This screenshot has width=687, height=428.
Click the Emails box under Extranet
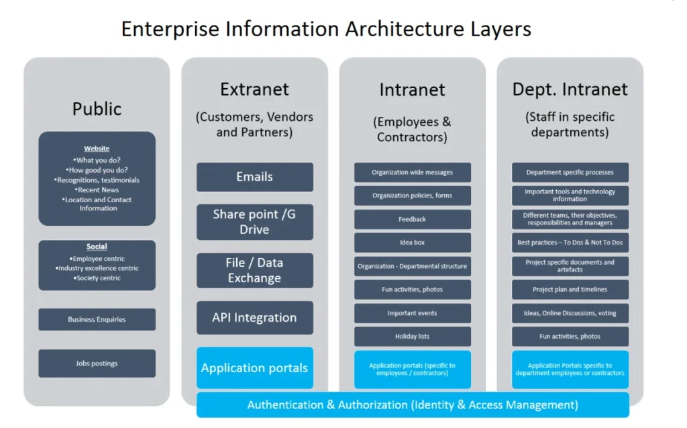pyautogui.click(x=254, y=177)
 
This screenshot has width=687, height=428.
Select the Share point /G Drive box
pyautogui.click(x=254, y=222)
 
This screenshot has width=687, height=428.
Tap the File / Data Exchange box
pyautogui.click(x=254, y=270)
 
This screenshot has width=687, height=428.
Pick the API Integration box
pyautogui.click(x=254, y=318)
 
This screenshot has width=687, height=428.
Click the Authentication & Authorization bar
pyautogui.click(x=413, y=404)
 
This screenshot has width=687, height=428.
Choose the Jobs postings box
pyautogui.click(x=97, y=363)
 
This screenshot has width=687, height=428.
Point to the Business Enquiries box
pyautogui.click(x=97, y=319)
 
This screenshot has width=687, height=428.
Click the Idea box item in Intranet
pyautogui.click(x=412, y=243)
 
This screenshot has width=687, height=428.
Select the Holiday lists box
pyautogui.click(x=412, y=337)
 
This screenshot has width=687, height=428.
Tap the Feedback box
pyautogui.click(x=412, y=219)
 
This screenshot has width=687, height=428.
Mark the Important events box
pyautogui.click(x=412, y=313)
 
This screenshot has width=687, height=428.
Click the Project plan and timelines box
pyautogui.click(x=570, y=290)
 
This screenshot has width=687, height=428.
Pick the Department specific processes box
pyautogui.click(x=570, y=172)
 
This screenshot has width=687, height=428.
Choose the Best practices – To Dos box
pyautogui.click(x=570, y=243)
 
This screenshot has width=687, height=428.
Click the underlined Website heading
pyautogui.click(x=97, y=148)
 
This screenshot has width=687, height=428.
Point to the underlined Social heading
pyautogui.click(x=97, y=247)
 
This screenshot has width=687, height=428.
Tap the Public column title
pyautogui.click(x=97, y=109)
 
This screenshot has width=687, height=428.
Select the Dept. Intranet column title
pyautogui.click(x=570, y=89)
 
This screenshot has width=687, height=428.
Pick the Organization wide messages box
pyautogui.click(x=412, y=172)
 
